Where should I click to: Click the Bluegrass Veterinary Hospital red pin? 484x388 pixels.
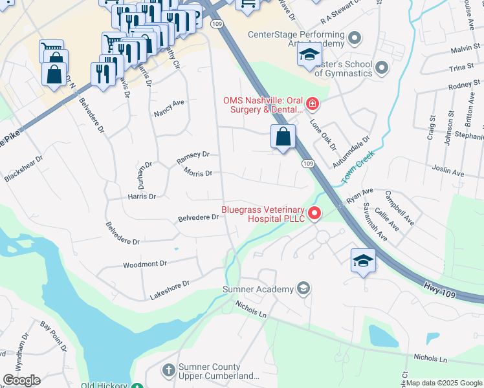(314, 213)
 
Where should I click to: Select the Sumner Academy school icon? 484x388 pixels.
(303, 288)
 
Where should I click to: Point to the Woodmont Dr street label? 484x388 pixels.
(145, 264)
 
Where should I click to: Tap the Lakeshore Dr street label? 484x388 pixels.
(170, 284)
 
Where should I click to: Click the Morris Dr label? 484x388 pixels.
(198, 173)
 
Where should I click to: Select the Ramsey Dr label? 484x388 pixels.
(193, 155)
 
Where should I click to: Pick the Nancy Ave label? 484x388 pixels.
(170, 107)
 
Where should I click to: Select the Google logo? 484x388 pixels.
(21, 380)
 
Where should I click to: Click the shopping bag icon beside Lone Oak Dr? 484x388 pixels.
(283, 136)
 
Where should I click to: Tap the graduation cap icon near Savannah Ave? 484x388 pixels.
(363, 261)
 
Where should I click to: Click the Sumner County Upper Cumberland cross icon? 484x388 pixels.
(168, 371)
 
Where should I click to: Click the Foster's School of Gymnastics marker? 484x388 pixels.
(381, 67)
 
